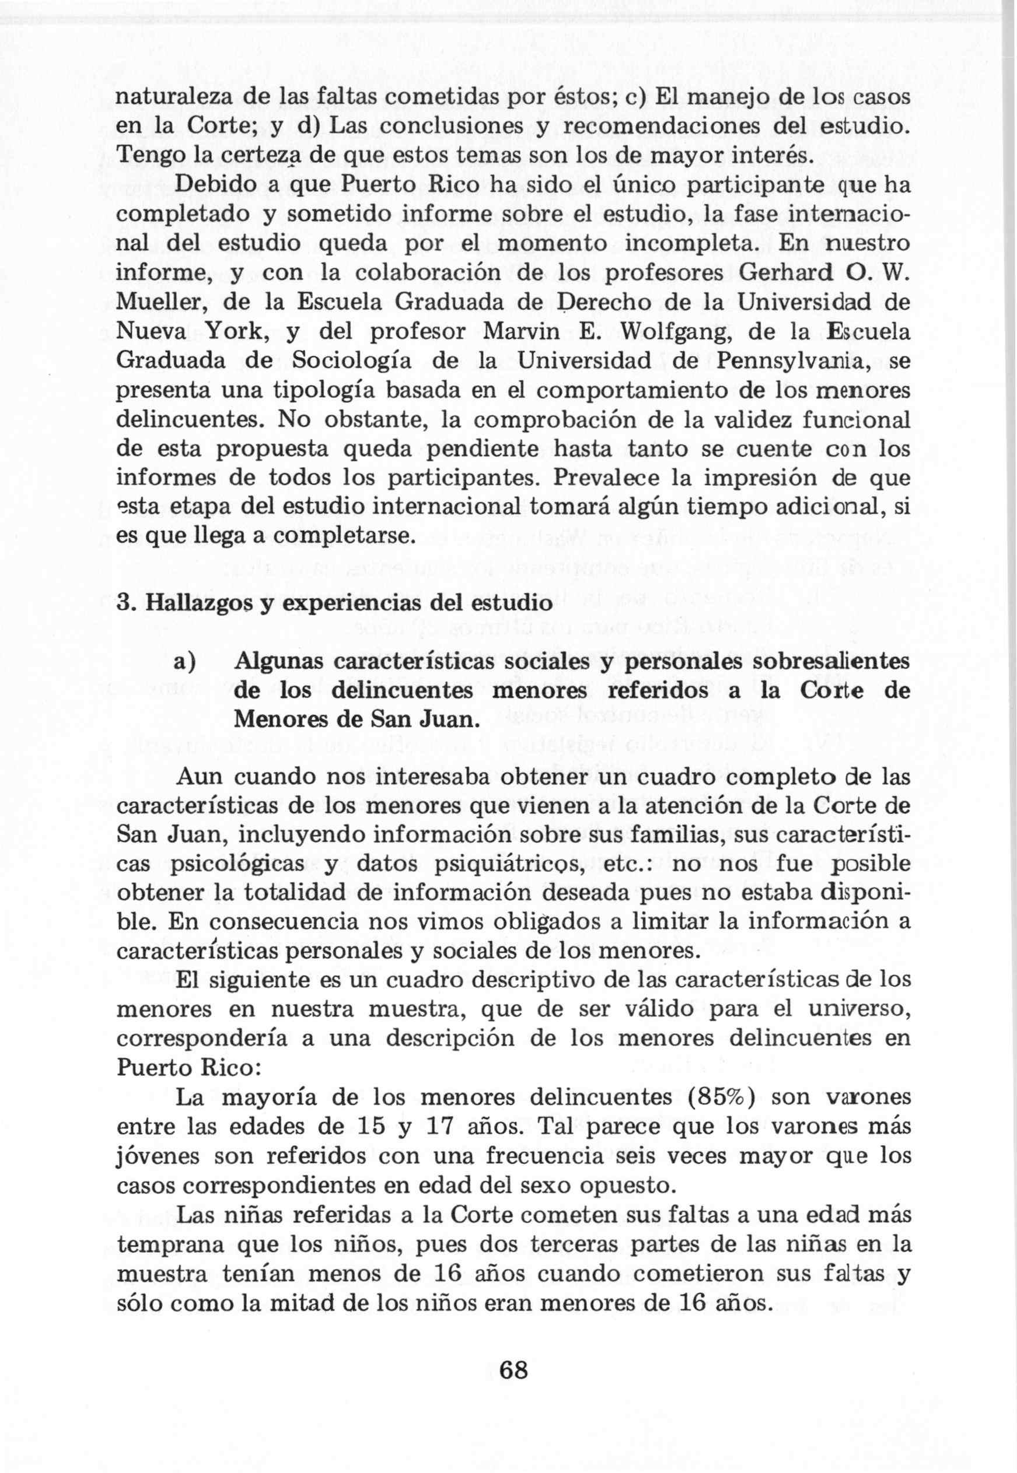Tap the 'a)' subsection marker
coord(184,662)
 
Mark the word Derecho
coord(615,302)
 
